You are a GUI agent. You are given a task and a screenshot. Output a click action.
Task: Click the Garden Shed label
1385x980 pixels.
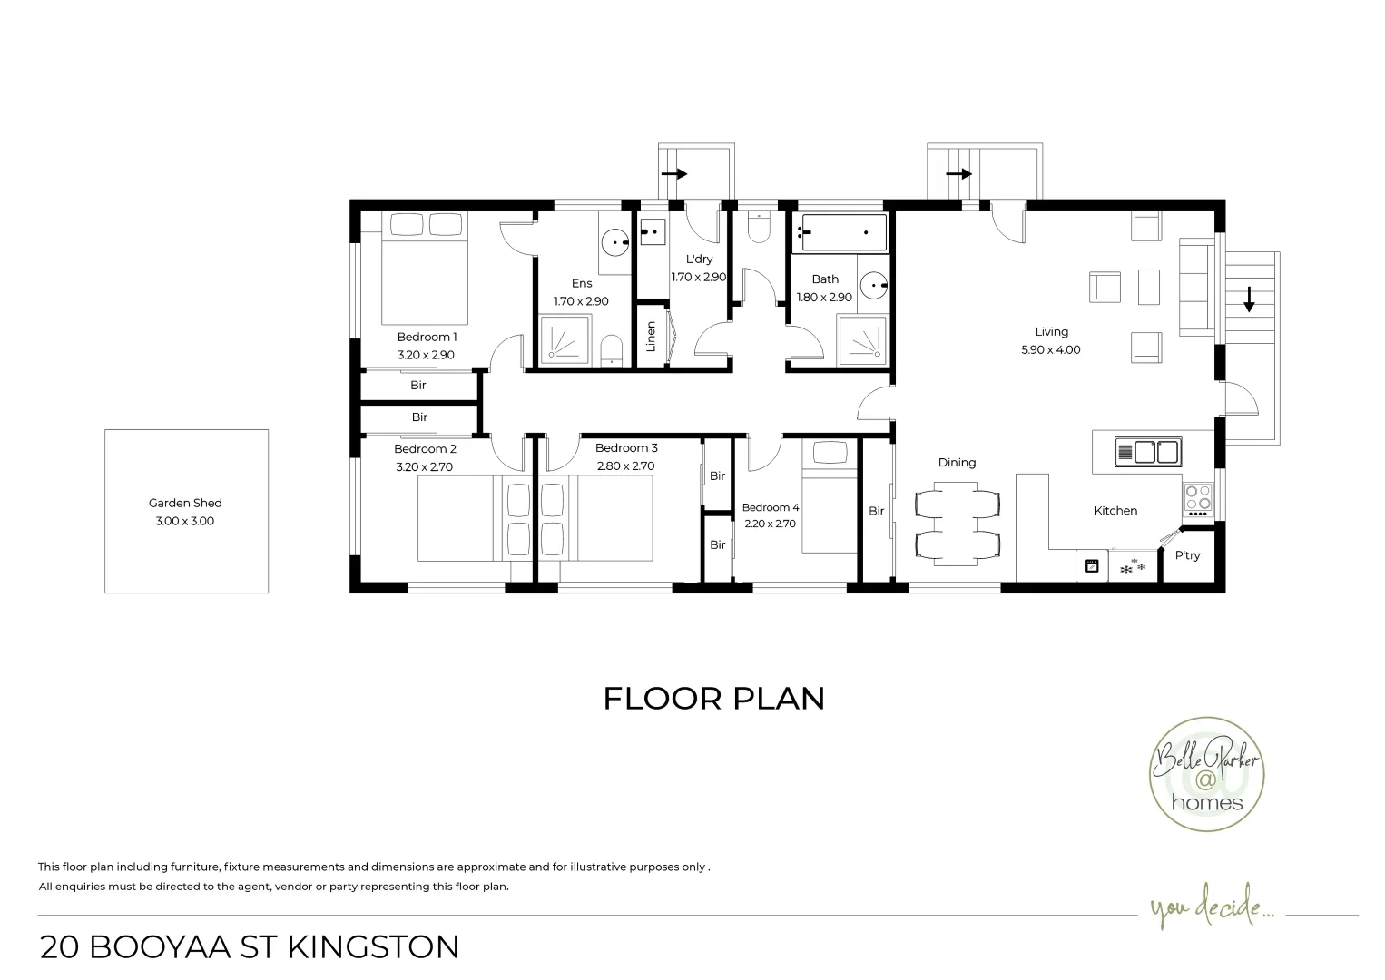[185, 503]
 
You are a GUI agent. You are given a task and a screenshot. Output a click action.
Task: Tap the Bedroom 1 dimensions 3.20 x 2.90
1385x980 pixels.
[426, 355]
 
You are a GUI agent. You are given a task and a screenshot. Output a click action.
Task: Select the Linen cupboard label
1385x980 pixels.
[651, 337]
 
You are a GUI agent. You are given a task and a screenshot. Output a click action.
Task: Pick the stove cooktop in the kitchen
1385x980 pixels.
[1197, 498]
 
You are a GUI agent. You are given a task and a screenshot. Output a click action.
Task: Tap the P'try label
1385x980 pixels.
[1187, 555]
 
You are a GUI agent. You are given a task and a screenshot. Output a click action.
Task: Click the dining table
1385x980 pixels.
[958, 524]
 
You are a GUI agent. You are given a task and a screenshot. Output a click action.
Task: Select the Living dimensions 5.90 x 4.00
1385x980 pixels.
[1051, 349]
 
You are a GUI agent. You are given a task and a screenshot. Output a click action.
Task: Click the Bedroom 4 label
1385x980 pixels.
[770, 507]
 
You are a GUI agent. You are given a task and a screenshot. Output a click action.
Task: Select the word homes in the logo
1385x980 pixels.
[1207, 802]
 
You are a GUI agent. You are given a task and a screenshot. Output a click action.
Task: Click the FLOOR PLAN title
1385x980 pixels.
[714, 699]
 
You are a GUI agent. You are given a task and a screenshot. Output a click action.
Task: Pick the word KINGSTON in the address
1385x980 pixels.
[373, 946]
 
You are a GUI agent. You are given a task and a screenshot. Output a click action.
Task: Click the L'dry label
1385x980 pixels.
[699, 260]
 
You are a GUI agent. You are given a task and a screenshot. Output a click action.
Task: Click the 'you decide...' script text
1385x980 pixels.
[1211, 908]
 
